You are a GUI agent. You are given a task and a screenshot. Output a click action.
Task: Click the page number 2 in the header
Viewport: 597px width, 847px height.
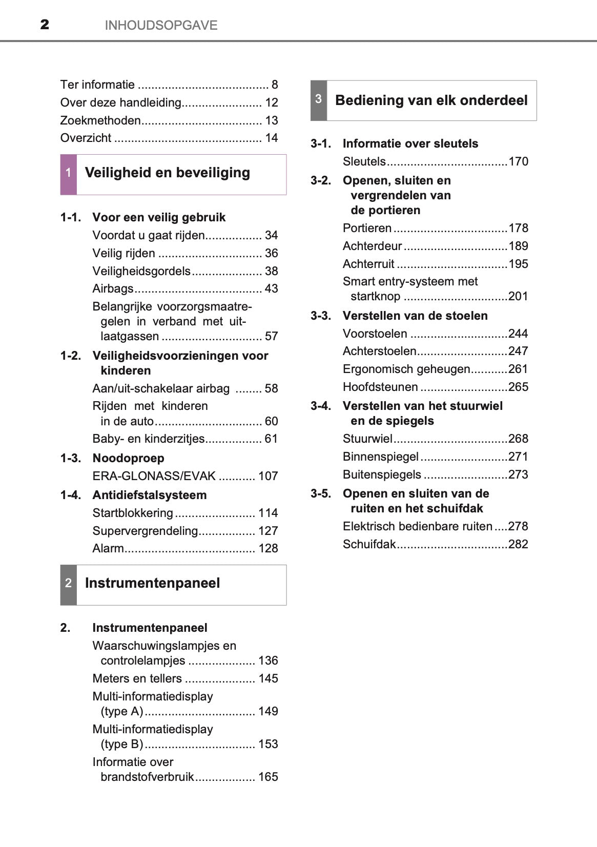point(45,25)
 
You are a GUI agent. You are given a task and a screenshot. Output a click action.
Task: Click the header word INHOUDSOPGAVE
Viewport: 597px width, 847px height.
point(161,25)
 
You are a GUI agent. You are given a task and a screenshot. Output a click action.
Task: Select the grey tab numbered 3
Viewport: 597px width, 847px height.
point(318,100)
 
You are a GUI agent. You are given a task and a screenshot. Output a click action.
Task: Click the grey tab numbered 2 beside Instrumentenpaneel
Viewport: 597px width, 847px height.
point(68,584)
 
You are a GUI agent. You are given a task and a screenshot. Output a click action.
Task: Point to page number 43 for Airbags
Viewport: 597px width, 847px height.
point(271,288)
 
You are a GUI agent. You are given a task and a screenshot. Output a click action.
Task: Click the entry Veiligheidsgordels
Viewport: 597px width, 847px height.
point(141,271)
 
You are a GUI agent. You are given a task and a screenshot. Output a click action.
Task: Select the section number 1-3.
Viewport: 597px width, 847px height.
point(71,458)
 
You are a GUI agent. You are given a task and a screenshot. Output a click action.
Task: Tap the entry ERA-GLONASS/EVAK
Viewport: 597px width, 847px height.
point(154,476)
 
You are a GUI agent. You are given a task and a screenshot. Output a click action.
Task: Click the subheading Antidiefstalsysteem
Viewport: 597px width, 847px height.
point(149,495)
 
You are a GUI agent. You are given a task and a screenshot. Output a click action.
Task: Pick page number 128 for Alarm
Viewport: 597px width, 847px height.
point(268,548)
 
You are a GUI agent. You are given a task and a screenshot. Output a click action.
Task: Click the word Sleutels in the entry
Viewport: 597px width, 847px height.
point(364,161)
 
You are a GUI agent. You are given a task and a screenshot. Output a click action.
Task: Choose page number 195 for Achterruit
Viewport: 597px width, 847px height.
point(518,264)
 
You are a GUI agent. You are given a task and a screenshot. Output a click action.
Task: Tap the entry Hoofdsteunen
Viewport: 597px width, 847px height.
point(380,387)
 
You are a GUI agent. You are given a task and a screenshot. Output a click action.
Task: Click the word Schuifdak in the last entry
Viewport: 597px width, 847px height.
point(369,544)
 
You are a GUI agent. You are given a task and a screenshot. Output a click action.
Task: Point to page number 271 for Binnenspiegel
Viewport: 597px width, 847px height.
point(518,457)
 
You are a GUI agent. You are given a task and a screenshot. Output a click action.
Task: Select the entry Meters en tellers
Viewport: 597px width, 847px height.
point(137,678)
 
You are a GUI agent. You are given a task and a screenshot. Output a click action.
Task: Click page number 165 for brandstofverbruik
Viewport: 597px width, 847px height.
point(268,777)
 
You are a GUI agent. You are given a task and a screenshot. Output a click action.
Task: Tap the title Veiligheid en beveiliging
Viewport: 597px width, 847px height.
point(167,173)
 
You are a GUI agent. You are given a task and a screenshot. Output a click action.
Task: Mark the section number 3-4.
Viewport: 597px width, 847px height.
point(321,406)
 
